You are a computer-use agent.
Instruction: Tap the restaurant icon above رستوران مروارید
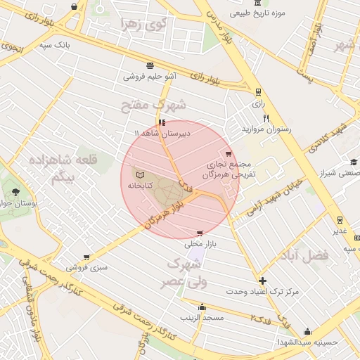(265, 117)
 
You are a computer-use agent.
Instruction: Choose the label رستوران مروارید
(266, 129)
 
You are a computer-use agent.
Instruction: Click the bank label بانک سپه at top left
(54, 45)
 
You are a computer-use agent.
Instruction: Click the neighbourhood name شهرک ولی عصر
(185, 273)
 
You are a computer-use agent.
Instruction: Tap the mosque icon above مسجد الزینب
(202, 307)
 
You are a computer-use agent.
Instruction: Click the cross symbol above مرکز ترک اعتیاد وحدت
(262, 280)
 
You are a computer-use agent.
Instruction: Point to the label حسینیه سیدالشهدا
(307, 342)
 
